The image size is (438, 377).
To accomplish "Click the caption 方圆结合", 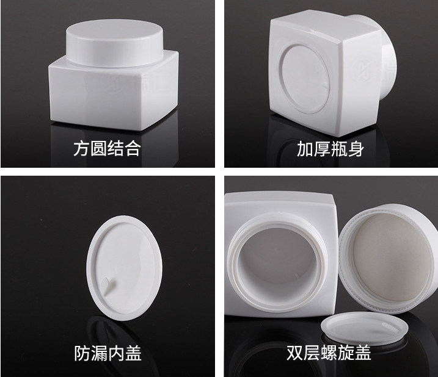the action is point(107,148).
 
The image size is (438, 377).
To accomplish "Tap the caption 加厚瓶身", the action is point(330,149).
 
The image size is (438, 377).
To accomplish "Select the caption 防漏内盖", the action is point(108,353).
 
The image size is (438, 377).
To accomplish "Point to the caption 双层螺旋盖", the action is point(329,353).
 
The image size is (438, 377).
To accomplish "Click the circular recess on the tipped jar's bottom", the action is point(305,79).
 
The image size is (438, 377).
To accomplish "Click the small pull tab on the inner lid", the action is point(108,286).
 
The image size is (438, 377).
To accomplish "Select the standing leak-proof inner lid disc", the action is point(124,268).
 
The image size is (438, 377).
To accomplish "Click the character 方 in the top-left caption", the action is point(82,148).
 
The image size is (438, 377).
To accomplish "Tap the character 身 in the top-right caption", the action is point(356,149).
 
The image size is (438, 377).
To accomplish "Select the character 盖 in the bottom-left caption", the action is point(133,353).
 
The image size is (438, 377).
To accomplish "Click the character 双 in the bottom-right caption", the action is point(295,353).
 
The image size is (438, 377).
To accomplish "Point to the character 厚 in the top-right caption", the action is point(322,149).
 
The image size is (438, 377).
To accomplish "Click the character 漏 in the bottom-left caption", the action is point(99,353).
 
